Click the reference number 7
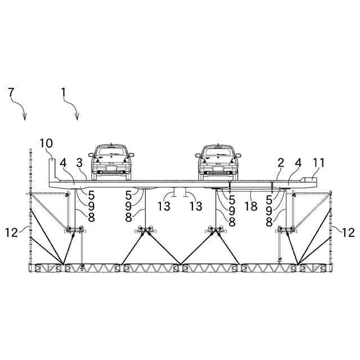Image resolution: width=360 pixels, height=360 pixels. (x=11, y=92)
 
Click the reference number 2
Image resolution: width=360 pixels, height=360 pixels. (x=280, y=164)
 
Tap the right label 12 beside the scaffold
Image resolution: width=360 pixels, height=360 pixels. (x=349, y=231)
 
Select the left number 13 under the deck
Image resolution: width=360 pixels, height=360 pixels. (x=164, y=206)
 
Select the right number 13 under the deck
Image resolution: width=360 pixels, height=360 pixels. (x=195, y=206)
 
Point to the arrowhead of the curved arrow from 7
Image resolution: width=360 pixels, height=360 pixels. (x=25, y=118)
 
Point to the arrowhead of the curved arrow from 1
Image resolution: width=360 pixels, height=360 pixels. (x=76, y=118)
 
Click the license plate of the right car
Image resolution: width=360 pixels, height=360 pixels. (x=218, y=167)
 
